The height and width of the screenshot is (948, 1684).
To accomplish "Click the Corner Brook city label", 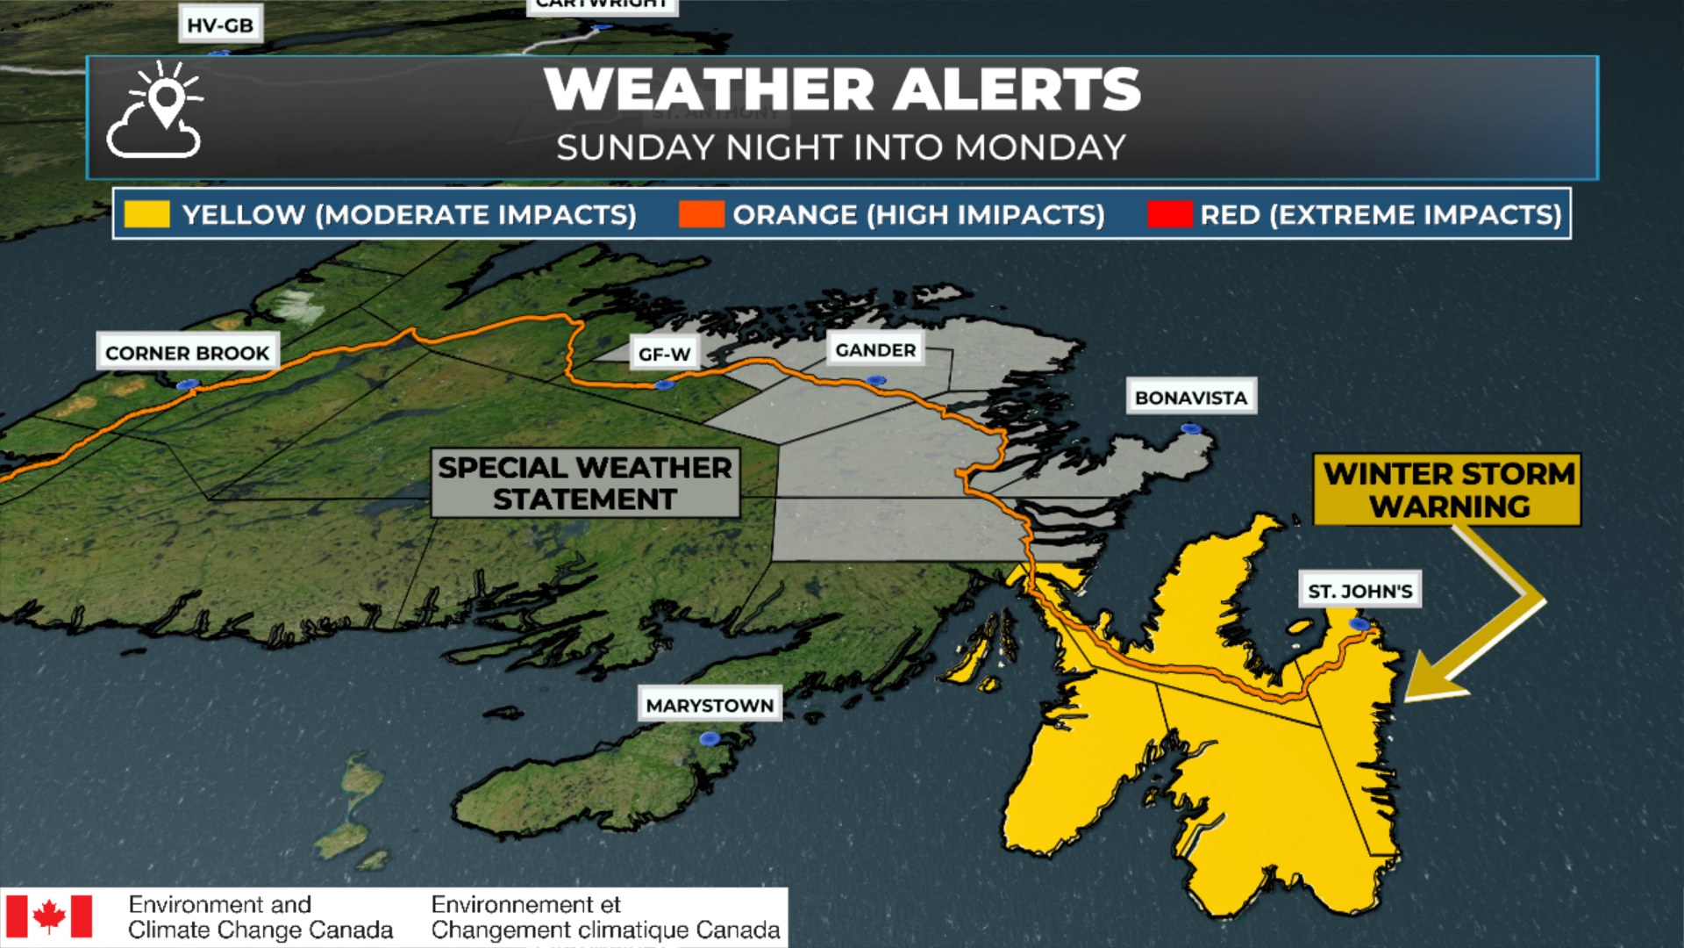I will [187, 353].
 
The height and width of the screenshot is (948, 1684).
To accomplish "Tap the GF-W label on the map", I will [664, 354].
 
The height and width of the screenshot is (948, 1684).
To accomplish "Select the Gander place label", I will [875, 350].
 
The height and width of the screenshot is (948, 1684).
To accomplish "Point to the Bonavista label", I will [1190, 398].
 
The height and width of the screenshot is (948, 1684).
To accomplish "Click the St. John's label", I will [1359, 591].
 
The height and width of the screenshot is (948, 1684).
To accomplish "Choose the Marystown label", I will [710, 705].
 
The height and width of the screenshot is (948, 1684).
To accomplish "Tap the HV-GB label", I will [220, 25].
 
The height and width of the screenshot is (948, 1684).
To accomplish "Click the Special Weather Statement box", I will [585, 483].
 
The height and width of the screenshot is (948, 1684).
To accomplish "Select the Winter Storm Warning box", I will [1447, 490].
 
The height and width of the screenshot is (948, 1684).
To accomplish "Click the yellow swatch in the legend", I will [146, 214].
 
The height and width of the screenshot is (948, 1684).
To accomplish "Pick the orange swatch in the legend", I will [701, 214].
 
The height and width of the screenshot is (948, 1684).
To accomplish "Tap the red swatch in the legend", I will [1169, 214].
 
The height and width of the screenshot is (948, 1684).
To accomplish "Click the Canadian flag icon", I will [49, 916].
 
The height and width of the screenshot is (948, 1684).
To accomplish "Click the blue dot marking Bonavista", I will [1190, 428].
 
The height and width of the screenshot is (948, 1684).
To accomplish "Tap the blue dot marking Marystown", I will [710, 739].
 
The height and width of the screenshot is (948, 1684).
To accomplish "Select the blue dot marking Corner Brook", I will [187, 384].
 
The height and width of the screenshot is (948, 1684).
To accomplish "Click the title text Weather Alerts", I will [842, 90].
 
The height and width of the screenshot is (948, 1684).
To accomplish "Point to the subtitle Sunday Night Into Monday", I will [841, 147].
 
